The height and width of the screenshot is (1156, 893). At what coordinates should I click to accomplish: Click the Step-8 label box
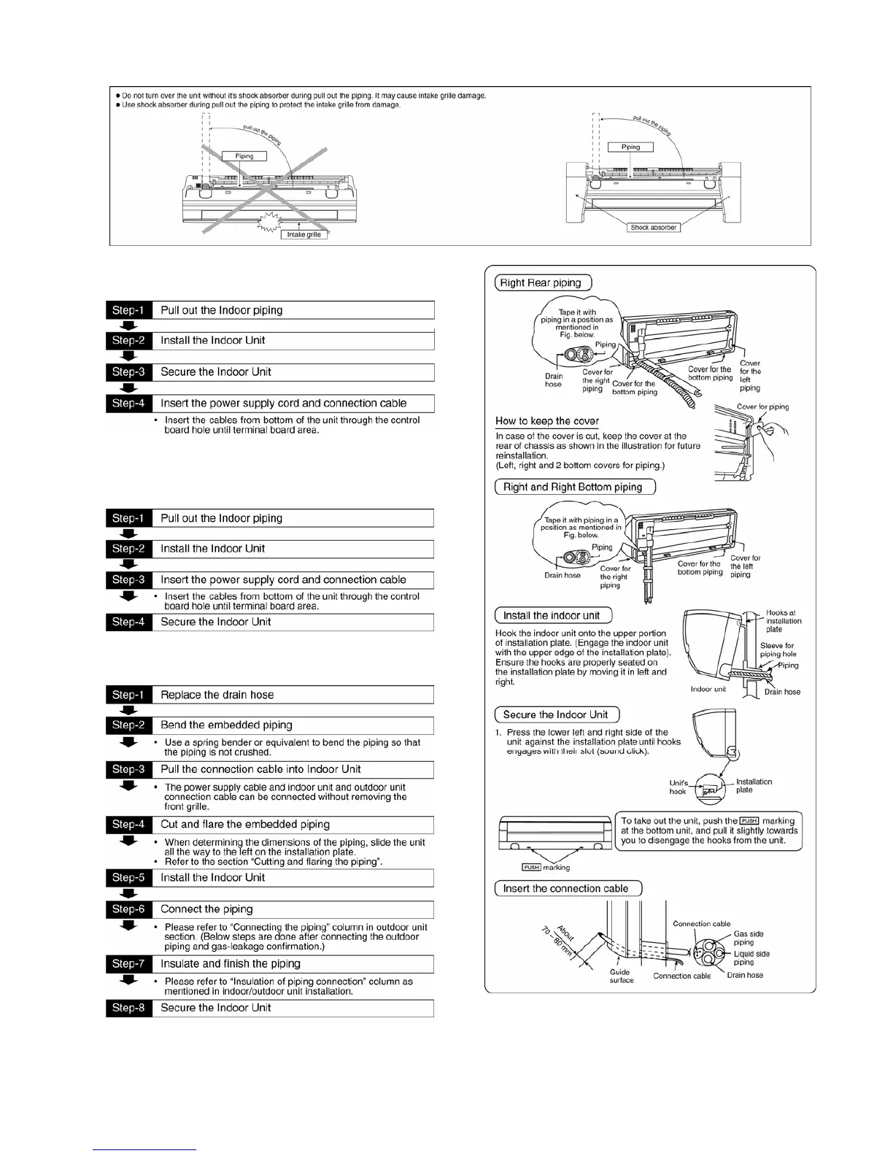[128, 1008]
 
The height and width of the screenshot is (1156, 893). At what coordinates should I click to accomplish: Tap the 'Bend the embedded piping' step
[226, 725]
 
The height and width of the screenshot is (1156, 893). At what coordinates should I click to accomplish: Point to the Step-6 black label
[128, 909]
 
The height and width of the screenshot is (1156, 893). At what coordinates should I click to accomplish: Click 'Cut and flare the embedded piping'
[245, 824]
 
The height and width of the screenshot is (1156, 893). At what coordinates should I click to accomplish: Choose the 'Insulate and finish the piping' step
[231, 963]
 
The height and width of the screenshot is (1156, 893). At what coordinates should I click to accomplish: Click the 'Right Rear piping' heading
[541, 283]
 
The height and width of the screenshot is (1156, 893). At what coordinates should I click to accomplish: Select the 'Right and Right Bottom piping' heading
[573, 487]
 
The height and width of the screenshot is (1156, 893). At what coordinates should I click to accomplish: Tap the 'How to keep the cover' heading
[547, 421]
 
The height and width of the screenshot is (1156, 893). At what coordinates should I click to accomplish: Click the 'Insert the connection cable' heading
[566, 888]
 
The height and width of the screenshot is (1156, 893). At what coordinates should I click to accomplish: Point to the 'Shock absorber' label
[654, 228]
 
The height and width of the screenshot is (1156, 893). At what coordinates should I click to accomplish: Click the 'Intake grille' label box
[303, 234]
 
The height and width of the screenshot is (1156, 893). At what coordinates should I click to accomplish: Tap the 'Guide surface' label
[622, 976]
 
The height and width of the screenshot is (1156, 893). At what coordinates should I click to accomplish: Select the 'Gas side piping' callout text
[748, 938]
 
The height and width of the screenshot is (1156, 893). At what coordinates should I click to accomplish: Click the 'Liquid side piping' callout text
[751, 957]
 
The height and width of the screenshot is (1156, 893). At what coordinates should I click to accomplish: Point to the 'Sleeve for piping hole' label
[778, 650]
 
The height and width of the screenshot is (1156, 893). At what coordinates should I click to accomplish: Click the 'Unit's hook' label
[678, 787]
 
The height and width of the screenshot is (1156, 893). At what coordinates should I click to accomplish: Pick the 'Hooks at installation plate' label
[783, 621]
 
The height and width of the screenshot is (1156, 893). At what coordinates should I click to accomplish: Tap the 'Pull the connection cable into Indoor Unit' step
[260, 769]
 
